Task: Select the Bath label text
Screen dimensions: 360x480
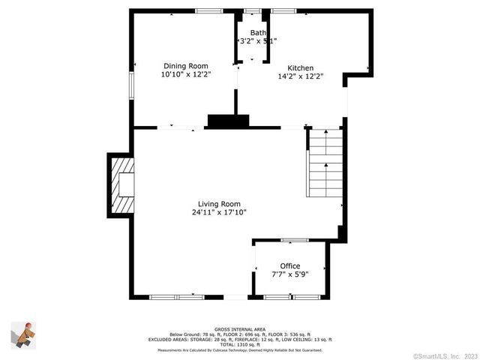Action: point(257,33)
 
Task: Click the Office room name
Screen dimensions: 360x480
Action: point(289,266)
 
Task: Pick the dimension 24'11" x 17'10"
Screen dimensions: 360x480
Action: point(219,212)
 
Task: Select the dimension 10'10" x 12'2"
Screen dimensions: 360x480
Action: point(185,75)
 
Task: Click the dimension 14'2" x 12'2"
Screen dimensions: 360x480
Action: point(300,76)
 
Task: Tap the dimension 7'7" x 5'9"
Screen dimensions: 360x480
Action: point(290,275)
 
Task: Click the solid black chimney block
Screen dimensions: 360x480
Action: point(227,121)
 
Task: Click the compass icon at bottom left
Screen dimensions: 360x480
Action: point(22,333)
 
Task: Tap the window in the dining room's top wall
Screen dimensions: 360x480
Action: point(208,10)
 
